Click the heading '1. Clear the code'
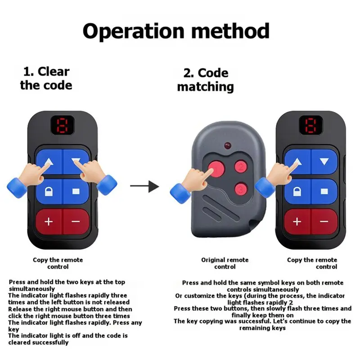click(x=46, y=78)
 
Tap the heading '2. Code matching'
click(x=206, y=80)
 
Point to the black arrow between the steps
click(x=144, y=186)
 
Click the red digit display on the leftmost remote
click(x=62, y=126)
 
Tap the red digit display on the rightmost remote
click(x=311, y=126)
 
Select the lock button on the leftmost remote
click(x=49, y=192)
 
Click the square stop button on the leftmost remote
click(x=76, y=192)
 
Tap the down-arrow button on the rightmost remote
click(x=324, y=162)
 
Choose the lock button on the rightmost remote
click(x=297, y=192)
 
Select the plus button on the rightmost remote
click(x=297, y=221)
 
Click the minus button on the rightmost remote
click(x=324, y=221)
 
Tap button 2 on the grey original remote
click(x=241, y=166)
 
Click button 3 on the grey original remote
click(x=241, y=189)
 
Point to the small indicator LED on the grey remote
click(x=228, y=145)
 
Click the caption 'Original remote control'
click(x=225, y=263)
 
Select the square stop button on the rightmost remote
click(x=324, y=192)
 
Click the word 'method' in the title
click(x=230, y=31)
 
